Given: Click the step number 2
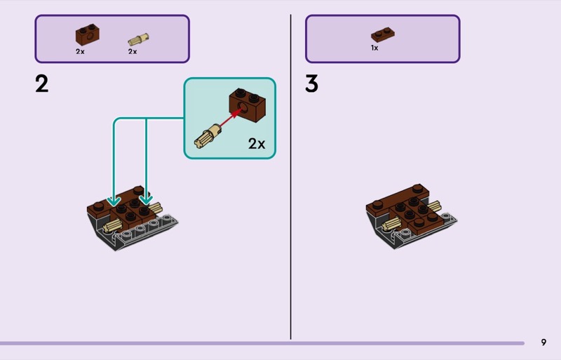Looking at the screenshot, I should [x=42, y=84].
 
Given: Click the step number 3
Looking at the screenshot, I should [x=312, y=84].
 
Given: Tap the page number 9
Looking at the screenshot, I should [x=543, y=342].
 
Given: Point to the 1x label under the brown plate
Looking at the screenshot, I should [x=374, y=48].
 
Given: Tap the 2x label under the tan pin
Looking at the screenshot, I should [x=132, y=51].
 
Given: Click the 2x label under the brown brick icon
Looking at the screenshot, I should [x=80, y=51].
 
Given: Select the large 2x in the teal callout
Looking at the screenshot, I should [x=257, y=144].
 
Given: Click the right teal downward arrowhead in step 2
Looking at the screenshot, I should [x=146, y=201].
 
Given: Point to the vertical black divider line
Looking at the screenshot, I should [x=290, y=175].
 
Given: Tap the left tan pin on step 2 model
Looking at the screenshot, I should [x=111, y=226].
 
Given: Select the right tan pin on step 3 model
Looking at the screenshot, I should [x=433, y=207].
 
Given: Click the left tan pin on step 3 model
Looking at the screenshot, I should [x=391, y=224].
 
